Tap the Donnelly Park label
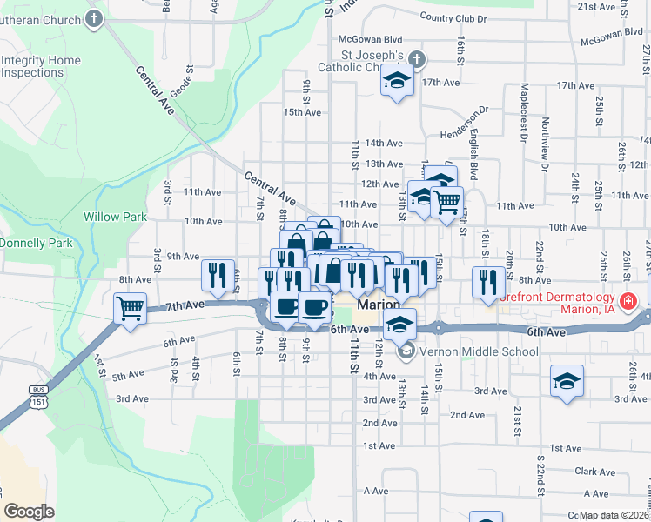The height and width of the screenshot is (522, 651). [37, 244]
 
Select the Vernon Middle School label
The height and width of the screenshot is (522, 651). [480, 352]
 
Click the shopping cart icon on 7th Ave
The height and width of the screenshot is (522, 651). [130, 307]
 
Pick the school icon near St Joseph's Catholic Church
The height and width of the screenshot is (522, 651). [398, 82]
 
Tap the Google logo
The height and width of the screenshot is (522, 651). [29, 511]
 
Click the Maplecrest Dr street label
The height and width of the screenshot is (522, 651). [523, 113]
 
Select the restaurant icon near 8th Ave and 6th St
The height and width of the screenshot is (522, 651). [218, 274]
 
